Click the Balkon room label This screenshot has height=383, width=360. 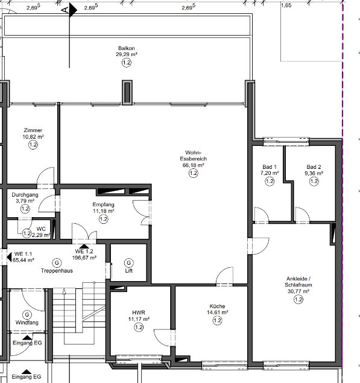(x=126, y=48)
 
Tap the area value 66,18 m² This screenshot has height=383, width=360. (x=193, y=165)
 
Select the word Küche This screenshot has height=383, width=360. (x=217, y=306)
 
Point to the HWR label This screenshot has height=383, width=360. (x=139, y=312)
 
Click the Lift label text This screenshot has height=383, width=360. (x=128, y=271)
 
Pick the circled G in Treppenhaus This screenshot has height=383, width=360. (x=57, y=263)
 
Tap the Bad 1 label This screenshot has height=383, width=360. (x=270, y=167)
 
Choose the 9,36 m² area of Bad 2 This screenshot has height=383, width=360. (x=314, y=173)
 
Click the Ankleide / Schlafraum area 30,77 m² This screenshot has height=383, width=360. (x=298, y=291)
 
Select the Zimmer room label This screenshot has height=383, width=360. (x=33, y=130)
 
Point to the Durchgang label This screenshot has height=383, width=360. (x=25, y=195)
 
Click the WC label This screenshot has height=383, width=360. (x=41, y=229)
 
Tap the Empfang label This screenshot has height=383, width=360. (x=103, y=204)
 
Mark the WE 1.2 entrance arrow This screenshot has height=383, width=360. (x=84, y=246)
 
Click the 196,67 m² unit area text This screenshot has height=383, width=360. (x=84, y=258)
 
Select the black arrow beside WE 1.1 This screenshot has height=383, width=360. (x=9, y=257)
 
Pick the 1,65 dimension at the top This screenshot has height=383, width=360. (x=286, y=5)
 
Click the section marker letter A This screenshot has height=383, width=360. (x=65, y=10)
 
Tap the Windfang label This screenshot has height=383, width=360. (x=27, y=323)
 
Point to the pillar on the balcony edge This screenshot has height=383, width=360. (x=127, y=92)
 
